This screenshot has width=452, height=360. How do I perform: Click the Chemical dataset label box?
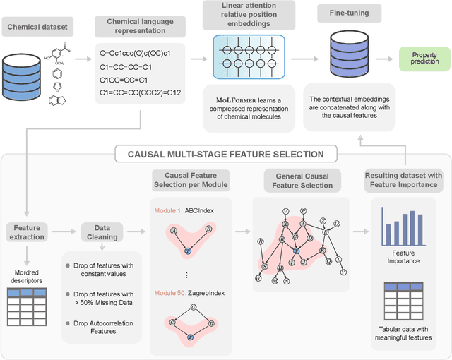[x=37, y=28]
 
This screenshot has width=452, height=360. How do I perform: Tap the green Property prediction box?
[x=424, y=58]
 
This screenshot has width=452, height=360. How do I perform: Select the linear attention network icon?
[x=242, y=57]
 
